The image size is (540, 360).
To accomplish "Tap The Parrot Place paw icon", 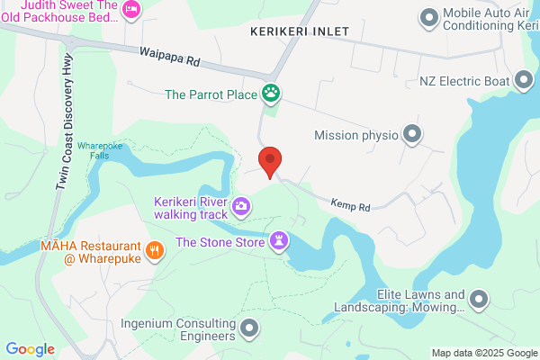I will point(271,92).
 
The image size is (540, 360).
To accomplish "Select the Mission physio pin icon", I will point(413,135).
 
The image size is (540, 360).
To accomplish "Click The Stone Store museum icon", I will point(282,241).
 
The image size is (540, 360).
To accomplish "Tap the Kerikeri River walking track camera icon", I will point(241,207).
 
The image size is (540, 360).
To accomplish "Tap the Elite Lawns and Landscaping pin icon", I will point(480,299).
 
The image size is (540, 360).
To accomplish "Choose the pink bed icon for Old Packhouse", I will point(132,9).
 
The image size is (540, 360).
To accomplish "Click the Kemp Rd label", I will point(350,206).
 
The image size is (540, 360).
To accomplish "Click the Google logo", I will point(31,349).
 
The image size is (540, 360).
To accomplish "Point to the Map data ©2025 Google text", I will point(482,352).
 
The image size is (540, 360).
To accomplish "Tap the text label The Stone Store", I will point(220,241).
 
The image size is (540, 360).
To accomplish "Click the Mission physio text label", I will point(355,135).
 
